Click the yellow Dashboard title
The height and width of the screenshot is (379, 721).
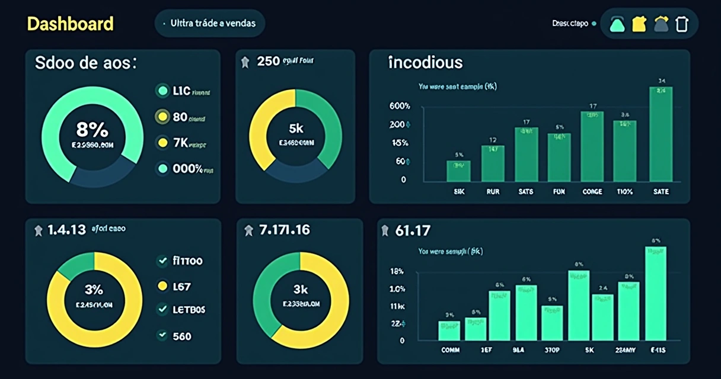[x=70, y=24]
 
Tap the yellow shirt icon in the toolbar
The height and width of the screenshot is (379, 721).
[x=639, y=24]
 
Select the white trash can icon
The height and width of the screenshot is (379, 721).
[x=682, y=24]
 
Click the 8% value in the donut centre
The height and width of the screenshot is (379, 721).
[x=92, y=129]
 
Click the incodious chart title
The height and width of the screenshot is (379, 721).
[x=425, y=62]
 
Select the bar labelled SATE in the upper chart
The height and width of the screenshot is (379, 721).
[x=661, y=133]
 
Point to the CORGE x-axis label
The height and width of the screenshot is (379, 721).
[x=592, y=192]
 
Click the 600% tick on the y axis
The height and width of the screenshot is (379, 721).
[x=400, y=106]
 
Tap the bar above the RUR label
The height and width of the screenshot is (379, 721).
[x=493, y=163]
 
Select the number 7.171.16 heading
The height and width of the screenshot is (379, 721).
[x=285, y=230]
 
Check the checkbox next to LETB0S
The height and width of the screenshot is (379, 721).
[x=161, y=309]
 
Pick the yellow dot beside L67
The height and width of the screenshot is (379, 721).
[x=161, y=287]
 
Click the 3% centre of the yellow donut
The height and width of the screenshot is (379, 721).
[x=94, y=290]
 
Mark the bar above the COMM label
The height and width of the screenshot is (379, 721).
[x=449, y=330]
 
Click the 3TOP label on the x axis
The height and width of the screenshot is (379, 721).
[x=552, y=350]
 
